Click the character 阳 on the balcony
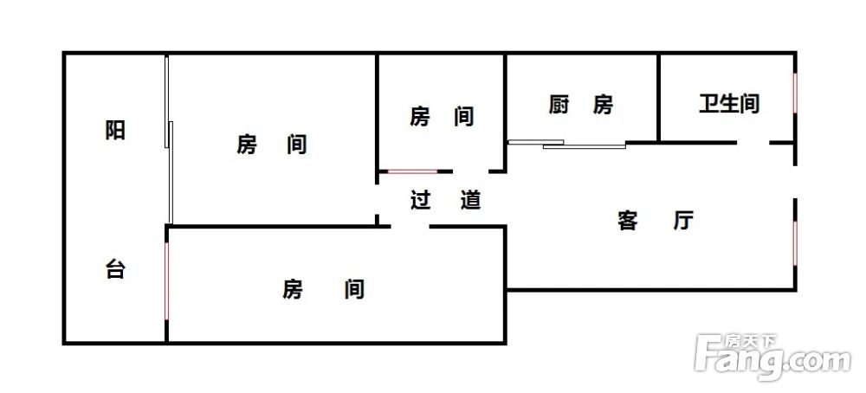115,130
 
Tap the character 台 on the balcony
115,270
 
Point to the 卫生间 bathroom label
729,104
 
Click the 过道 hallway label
446,200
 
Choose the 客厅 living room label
655,221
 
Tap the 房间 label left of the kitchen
442,117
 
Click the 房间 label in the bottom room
324,288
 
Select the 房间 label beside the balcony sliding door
272,145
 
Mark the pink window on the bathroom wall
795,93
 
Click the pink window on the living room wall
795,243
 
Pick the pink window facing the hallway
412,171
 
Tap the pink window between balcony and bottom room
166,281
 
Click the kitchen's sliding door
566,144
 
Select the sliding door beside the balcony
169,139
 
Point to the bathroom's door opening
753,143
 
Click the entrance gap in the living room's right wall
795,182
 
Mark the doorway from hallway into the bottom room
410,226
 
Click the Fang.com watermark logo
772,357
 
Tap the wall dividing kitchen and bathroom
659,98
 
